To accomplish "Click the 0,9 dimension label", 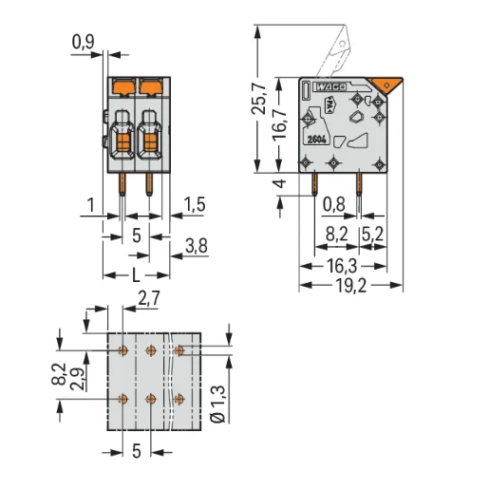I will (85, 41).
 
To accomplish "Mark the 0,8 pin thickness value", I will (333, 202).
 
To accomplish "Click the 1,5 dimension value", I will (196, 205).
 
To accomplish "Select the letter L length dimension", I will (137, 274).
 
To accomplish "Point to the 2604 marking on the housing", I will (316, 140).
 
